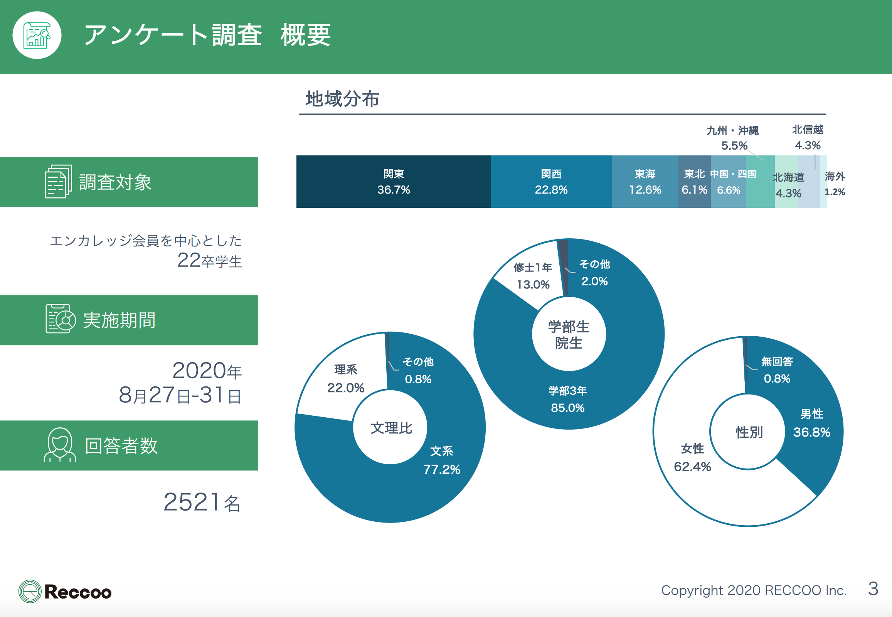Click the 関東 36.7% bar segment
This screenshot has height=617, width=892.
(x=393, y=182)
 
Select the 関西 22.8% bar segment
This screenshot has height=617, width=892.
(x=551, y=182)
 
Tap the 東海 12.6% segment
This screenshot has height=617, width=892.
(x=645, y=182)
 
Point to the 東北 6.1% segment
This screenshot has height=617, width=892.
(x=694, y=182)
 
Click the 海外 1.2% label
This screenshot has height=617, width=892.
(x=835, y=184)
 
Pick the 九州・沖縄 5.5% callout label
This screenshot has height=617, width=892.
(x=733, y=138)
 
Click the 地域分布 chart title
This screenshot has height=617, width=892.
(x=342, y=99)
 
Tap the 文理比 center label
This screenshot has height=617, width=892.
(x=391, y=428)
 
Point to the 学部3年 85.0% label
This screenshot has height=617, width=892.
(x=567, y=399)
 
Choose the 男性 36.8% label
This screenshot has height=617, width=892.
(x=811, y=423)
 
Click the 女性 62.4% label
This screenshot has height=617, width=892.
(x=692, y=458)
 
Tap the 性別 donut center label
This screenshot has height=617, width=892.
(x=749, y=432)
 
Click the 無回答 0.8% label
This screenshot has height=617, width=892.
(x=777, y=370)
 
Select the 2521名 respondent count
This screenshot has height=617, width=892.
(x=202, y=502)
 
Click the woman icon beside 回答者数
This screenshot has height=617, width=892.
(x=59, y=445)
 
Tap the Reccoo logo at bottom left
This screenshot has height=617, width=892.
(x=65, y=591)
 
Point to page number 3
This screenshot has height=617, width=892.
(x=873, y=589)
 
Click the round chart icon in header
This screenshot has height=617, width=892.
(x=37, y=35)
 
